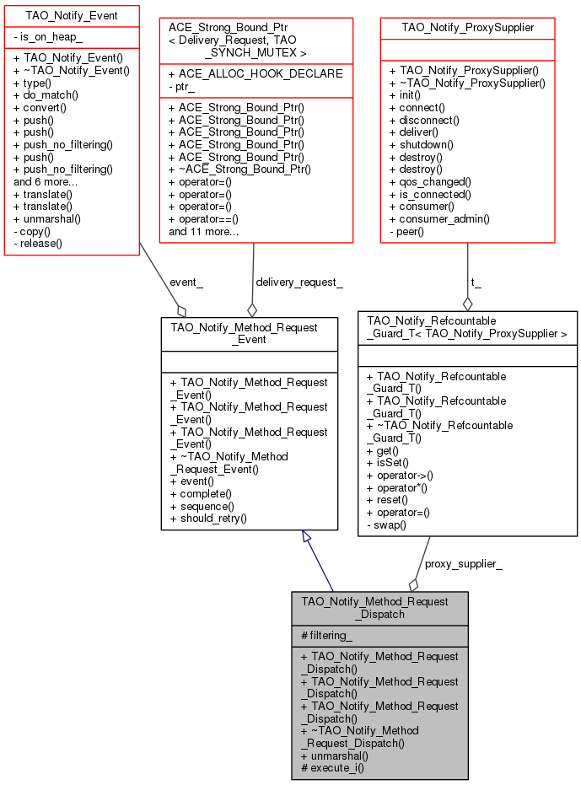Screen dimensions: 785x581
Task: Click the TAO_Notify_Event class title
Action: (72, 16)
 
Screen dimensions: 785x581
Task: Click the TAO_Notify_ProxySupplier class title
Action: (468, 28)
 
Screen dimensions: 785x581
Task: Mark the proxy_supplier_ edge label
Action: (463, 564)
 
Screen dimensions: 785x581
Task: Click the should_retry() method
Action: (208, 518)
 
